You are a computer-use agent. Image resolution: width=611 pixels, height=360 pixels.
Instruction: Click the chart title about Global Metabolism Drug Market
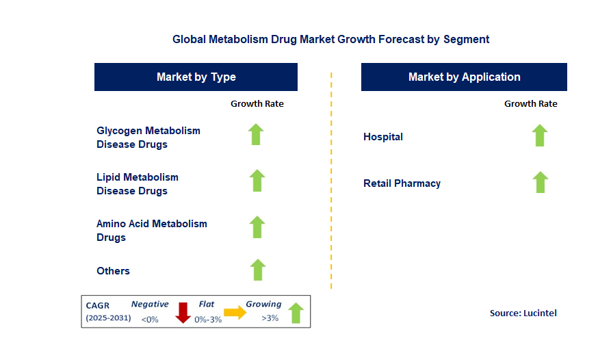tap(330, 39)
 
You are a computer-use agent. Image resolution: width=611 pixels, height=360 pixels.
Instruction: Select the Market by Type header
tap(196, 77)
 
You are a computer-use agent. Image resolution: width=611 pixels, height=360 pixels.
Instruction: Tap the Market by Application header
tap(464, 77)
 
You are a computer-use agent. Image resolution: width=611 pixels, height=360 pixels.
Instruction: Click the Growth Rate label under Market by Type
tap(257, 104)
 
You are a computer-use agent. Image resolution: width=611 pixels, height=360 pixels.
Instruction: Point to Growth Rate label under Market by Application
tap(530, 104)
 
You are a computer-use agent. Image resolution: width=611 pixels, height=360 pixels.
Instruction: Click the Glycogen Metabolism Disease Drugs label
tap(148, 138)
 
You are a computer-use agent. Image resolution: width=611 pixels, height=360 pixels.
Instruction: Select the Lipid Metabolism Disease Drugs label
tap(138, 184)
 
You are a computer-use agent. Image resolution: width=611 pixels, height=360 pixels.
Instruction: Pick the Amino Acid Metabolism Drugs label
tap(151, 231)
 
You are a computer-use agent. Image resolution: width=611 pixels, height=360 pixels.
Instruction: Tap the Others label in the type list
tap(113, 271)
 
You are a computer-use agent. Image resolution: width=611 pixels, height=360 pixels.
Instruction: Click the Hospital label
tap(383, 137)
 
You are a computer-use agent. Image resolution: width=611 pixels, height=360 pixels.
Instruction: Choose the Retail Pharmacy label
tap(402, 183)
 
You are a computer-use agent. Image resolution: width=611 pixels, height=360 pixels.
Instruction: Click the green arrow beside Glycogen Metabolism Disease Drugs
tap(256, 134)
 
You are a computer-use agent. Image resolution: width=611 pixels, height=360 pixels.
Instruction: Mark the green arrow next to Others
tap(257, 270)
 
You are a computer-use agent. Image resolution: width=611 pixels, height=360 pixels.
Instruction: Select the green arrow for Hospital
tap(540, 136)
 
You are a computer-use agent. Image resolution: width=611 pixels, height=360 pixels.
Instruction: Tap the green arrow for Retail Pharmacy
tap(540, 182)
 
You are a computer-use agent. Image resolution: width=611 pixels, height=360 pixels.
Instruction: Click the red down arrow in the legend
tap(183, 313)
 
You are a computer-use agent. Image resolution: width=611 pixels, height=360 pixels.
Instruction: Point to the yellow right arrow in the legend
tap(235, 313)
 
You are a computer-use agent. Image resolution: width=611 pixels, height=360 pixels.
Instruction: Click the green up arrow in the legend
tap(296, 313)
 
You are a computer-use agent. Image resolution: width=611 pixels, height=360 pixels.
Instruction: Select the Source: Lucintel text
tap(523, 313)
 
